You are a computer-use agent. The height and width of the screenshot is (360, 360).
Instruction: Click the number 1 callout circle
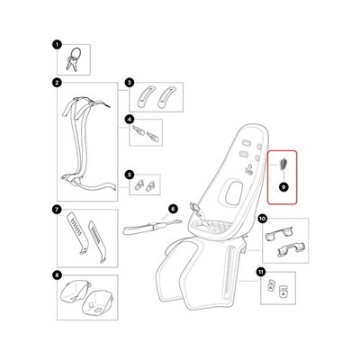tap(57, 45)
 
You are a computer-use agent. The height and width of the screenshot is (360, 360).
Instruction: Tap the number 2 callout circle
tap(57, 83)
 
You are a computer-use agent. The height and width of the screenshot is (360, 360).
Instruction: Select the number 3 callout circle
tap(129, 83)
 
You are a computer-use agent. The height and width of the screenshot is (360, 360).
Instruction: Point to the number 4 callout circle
tap(129, 120)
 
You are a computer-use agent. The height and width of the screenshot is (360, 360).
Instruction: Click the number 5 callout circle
tap(129, 175)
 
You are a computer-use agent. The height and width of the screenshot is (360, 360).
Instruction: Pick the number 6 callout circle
tap(173, 209)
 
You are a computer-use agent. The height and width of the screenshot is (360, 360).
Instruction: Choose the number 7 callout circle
tap(57, 210)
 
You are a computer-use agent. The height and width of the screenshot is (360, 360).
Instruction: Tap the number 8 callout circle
tap(57, 274)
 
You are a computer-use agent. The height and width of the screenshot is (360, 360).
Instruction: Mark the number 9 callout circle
tap(283, 187)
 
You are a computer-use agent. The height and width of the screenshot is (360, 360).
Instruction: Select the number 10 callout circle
tap(262, 219)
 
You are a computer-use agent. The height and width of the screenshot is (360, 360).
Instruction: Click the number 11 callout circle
tap(260, 272)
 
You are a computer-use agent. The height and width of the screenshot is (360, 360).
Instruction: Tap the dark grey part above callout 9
tap(283, 165)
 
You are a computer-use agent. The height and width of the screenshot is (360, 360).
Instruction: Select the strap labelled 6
tap(152, 228)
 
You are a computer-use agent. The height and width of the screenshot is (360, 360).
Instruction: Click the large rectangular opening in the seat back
tap(234, 193)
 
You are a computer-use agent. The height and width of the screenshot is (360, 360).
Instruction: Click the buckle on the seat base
tap(196, 210)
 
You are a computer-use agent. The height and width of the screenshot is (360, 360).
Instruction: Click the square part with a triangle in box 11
tap(282, 292)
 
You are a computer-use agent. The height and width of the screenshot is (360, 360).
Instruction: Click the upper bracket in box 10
tap(279, 234)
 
